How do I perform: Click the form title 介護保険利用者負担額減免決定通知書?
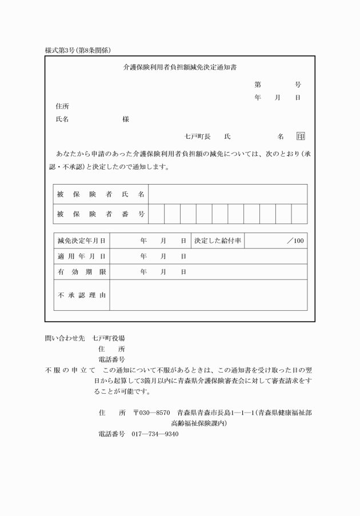click(180, 67)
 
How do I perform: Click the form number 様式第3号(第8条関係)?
click(82, 50)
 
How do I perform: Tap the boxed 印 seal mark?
click(301, 136)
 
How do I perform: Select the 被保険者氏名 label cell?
click(101, 194)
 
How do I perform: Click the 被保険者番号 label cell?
click(101, 214)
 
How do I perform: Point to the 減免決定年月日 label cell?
click(82, 241)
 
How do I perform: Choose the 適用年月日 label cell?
click(82, 257)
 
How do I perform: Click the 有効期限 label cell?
click(82, 272)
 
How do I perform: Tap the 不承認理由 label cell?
click(82, 295)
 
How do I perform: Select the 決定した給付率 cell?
click(218, 241)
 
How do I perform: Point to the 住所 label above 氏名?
click(62, 106)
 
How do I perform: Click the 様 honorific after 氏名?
click(126, 119)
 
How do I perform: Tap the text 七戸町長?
click(198, 136)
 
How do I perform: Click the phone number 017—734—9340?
click(155, 434)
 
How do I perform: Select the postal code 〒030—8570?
click(151, 412)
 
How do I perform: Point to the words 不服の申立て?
click(70, 370)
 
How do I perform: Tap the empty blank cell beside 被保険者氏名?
click(227, 194)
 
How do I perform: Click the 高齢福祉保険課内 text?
click(199, 423)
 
